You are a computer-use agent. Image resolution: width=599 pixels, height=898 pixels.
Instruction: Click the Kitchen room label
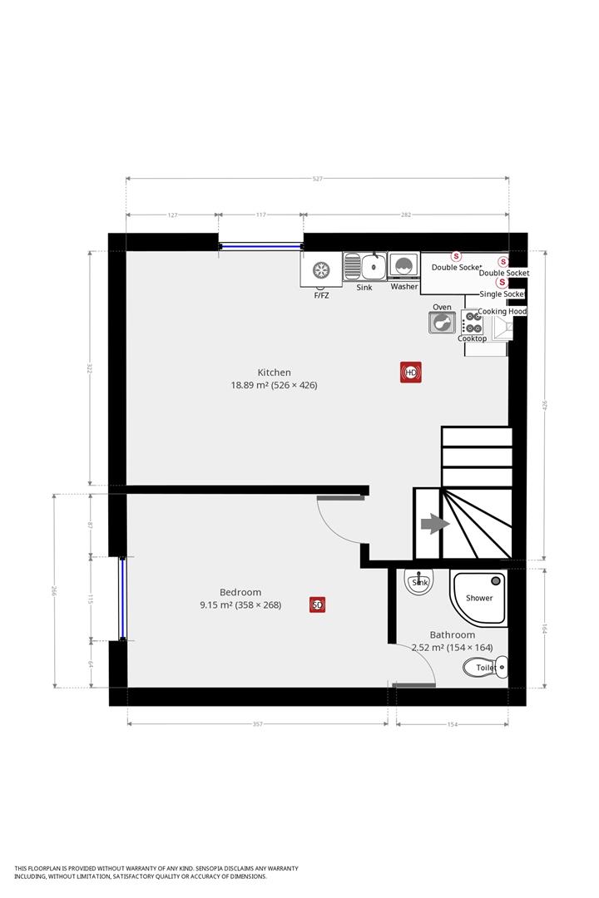pos(274,373)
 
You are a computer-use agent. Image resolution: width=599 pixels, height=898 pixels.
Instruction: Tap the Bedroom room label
pos(240,592)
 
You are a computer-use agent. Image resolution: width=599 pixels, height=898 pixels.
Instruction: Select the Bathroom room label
pos(452,634)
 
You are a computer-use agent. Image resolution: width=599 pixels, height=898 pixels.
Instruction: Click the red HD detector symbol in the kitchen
pos(411,373)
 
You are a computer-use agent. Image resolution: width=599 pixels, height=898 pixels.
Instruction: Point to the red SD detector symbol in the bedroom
pos(317,605)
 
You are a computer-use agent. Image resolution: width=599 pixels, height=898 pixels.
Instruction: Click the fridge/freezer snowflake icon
pos(321,269)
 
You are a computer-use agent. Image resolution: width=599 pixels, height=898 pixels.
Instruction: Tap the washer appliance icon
pos(404,267)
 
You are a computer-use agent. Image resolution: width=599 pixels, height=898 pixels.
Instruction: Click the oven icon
pos(442,322)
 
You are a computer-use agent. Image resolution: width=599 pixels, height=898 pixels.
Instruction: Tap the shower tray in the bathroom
pos(479,595)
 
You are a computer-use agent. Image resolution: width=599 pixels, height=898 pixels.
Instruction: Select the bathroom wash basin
pos(419,582)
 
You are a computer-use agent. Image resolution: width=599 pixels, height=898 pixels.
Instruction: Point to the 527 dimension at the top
pos(318,179)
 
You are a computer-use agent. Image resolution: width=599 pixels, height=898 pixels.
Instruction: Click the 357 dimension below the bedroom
pos(257,724)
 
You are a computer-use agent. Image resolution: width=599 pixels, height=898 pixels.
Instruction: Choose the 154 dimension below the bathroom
pos(453,724)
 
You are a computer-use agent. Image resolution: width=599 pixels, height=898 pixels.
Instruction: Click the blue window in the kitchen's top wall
pos(261,245)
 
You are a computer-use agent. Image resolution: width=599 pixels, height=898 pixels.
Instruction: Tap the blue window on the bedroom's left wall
pos(122,599)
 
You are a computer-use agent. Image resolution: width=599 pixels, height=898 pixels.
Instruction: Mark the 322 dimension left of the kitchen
pos(90,368)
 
